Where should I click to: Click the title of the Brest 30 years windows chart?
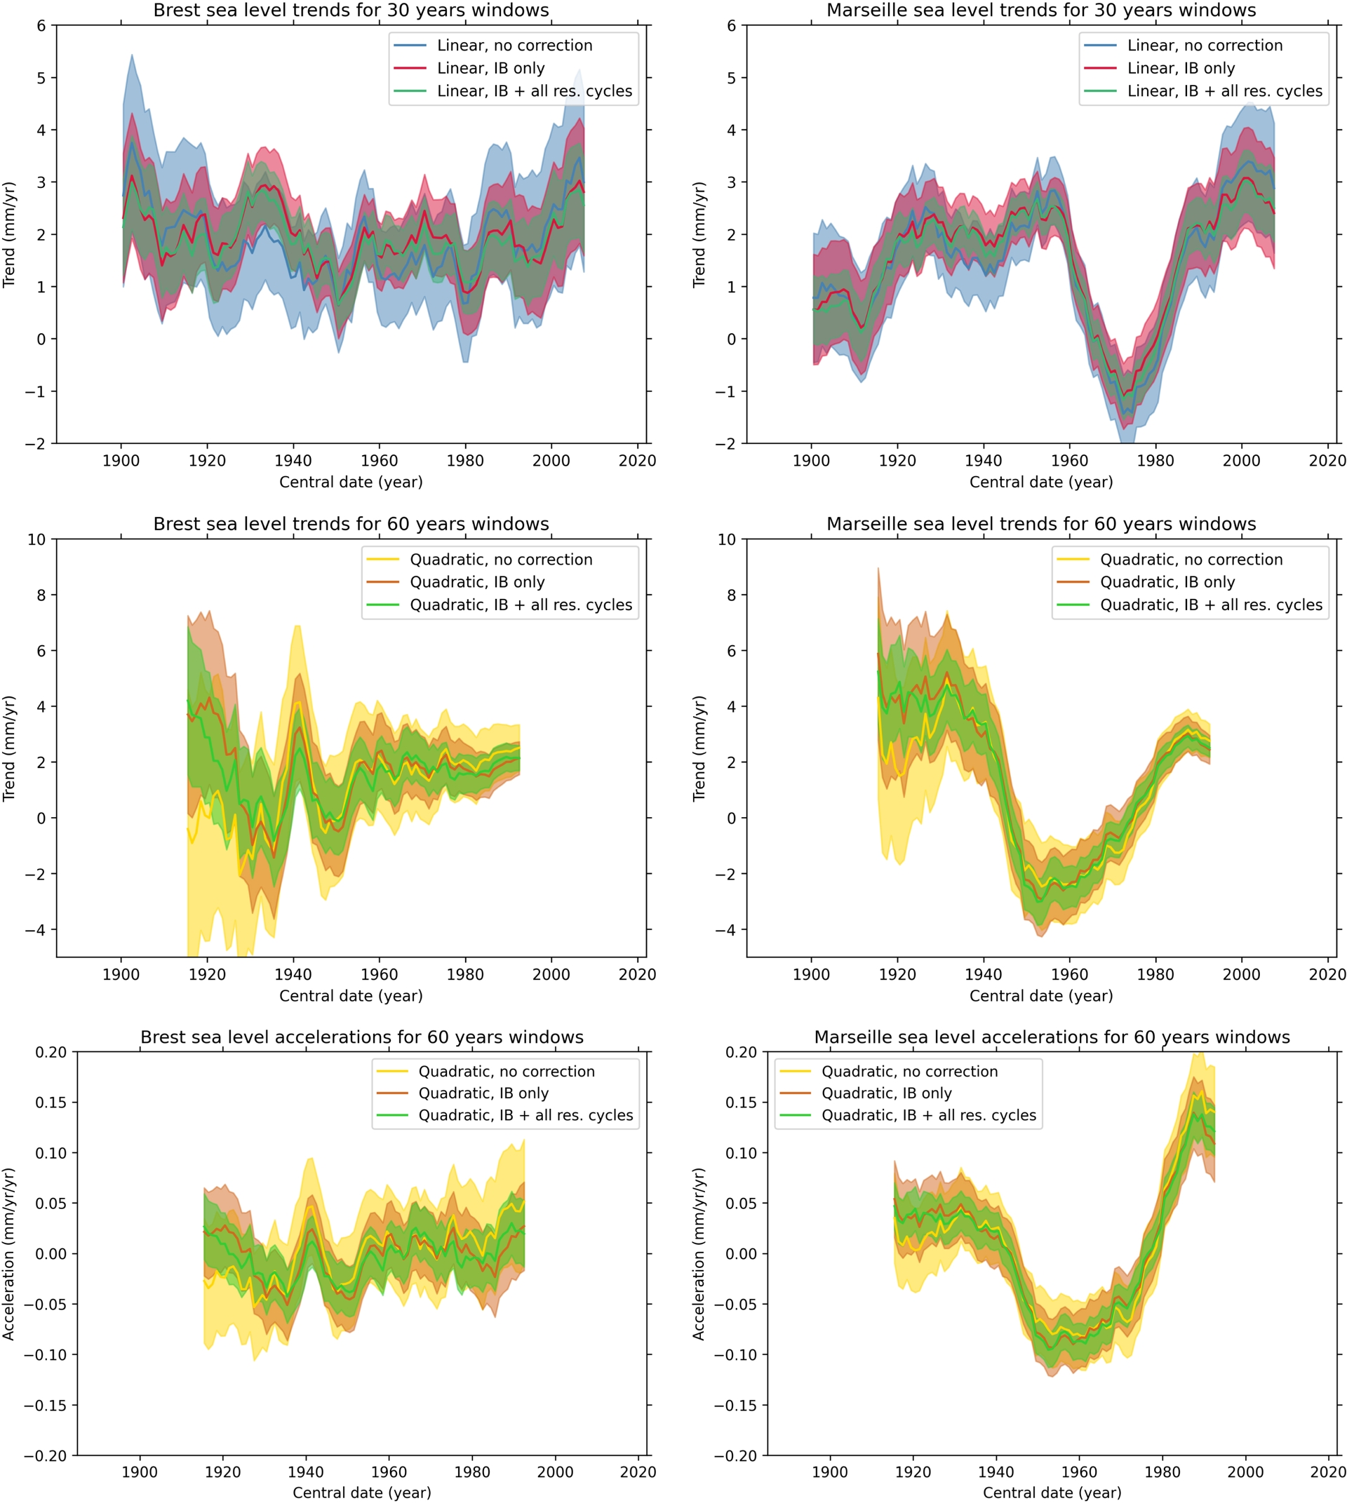tap(351, 11)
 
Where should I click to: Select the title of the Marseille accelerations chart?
tap(1052, 1037)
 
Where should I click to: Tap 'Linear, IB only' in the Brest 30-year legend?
tap(490, 68)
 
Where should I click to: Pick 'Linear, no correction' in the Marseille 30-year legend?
tap(1204, 45)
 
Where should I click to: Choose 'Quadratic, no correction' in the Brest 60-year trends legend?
tap(501, 560)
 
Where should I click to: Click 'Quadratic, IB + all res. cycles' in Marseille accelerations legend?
tap(928, 1115)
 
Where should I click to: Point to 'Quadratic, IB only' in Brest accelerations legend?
tap(483, 1093)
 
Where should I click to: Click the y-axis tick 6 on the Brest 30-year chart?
tap(41, 26)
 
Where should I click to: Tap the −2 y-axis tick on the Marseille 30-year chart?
tap(727, 443)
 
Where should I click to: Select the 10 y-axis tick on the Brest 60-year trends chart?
tap(37, 539)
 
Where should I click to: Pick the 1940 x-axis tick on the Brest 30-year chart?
tap(293, 460)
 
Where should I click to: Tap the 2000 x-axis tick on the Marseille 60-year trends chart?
tap(1241, 974)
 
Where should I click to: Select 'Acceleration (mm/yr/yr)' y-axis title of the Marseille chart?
tap(699, 1254)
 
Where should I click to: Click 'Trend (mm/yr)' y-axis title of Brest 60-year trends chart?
tap(9, 748)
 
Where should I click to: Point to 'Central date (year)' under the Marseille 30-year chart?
tap(1040, 482)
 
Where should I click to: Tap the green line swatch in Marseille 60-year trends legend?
tap(1073, 605)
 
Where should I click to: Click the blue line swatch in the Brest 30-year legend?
tap(410, 45)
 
